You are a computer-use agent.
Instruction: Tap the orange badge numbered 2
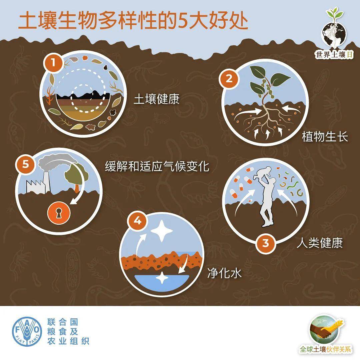point(229,79)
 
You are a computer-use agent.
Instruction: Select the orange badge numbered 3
point(266,243)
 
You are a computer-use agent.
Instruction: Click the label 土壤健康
point(156,99)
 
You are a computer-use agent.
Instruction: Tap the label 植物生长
point(325,137)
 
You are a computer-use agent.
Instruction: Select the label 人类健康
point(320,243)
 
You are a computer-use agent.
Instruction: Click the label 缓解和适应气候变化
point(157,166)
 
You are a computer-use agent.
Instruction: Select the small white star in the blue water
point(163,278)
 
